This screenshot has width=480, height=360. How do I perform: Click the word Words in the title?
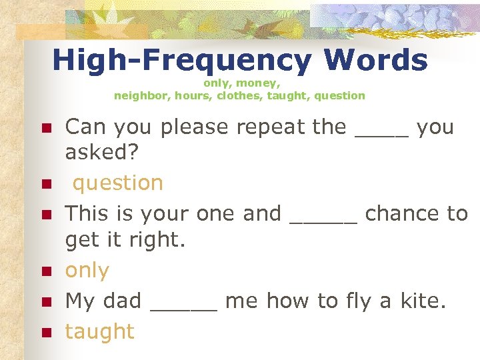[375, 61]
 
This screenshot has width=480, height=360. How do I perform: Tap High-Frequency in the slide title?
[181, 61]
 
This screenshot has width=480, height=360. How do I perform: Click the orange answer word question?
[118, 183]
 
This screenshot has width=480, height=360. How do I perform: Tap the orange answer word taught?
[99, 331]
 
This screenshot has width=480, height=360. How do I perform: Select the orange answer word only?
[87, 271]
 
